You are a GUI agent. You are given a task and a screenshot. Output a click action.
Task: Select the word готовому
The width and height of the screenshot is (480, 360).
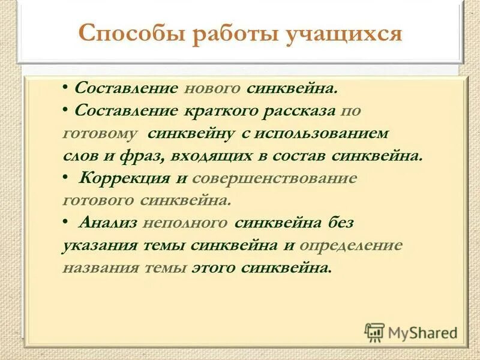pos(100,133)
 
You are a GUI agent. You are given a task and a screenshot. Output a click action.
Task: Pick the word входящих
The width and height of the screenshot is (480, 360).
pos(206,155)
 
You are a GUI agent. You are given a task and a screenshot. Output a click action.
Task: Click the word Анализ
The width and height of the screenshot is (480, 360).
pos(108,223)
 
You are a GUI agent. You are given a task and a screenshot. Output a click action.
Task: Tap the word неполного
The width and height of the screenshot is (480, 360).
pos(185,223)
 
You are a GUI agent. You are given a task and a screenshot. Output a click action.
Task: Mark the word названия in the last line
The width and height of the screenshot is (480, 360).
pos(100,267)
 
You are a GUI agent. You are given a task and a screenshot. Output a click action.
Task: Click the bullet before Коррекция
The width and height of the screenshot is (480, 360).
pos(65,178)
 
